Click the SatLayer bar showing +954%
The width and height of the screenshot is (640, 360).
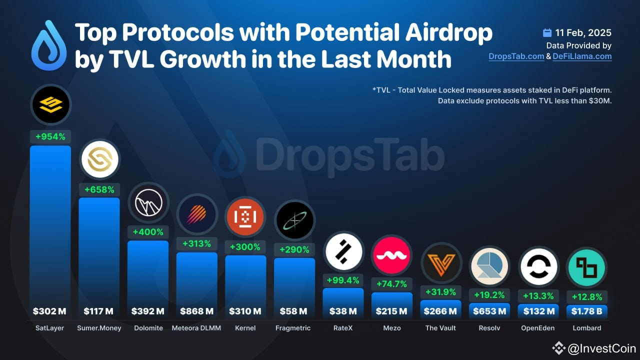coord(50,225)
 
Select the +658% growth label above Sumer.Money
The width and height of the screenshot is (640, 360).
coord(99,189)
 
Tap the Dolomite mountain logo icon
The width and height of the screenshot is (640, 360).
coord(148,203)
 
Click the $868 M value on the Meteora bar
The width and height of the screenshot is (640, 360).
coord(197,311)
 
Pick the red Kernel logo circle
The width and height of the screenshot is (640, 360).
coord(245,216)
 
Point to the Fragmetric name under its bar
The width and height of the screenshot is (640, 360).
coord(293,328)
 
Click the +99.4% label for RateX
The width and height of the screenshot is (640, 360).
coord(343,279)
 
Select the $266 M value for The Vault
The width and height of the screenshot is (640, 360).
coord(440,311)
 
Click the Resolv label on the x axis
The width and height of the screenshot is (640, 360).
coord(489,328)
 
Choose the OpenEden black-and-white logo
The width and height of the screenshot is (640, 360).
coord(538,266)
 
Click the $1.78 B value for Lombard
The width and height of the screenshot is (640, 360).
coord(586,311)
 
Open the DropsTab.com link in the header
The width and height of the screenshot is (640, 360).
coord(516,56)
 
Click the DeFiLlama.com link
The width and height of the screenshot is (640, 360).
coord(582,56)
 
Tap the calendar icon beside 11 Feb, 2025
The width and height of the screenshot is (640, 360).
coord(547,33)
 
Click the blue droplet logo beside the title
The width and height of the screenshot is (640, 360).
coord(48,46)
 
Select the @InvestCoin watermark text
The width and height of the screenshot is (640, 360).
coord(601,348)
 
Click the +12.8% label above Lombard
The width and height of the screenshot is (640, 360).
coord(586,296)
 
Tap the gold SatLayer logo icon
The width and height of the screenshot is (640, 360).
coord(50,104)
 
